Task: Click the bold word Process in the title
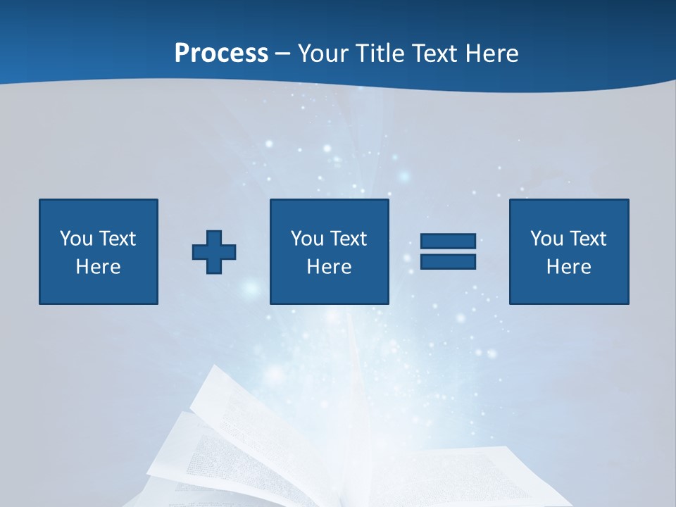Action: pyautogui.click(x=221, y=53)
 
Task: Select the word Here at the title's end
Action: pyautogui.click(x=494, y=53)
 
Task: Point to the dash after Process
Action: pyautogui.click(x=282, y=54)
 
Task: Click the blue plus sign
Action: pyautogui.click(x=214, y=252)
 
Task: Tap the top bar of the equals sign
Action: pyautogui.click(x=448, y=242)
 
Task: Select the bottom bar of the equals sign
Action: pyautogui.click(x=448, y=262)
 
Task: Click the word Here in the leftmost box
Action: pyautogui.click(x=98, y=267)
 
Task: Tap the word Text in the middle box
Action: pyautogui.click(x=349, y=239)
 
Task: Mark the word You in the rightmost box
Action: pyautogui.click(x=546, y=239)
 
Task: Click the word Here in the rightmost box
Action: pyautogui.click(x=568, y=267)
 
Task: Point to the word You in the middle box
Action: pyautogui.click(x=307, y=239)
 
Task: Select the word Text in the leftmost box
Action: pyautogui.click(x=118, y=239)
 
